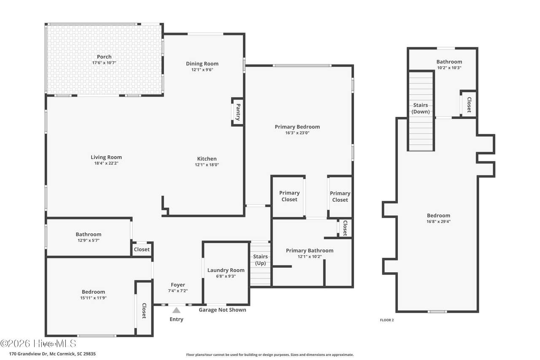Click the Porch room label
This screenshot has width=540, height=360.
104,57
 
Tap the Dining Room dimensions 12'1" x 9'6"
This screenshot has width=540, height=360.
202,70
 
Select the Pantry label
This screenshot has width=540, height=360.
238,112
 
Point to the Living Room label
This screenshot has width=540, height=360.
106,157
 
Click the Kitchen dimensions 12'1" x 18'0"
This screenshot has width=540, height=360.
207,165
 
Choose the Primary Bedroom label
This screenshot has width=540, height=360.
297,127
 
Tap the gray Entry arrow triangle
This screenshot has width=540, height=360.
176,310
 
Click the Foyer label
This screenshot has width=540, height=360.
178,285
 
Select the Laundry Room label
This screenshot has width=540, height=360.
226,270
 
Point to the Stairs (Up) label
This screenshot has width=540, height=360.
260,260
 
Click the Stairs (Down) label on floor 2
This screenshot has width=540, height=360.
421,108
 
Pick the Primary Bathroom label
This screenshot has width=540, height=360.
310,251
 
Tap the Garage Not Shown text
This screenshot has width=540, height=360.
222,310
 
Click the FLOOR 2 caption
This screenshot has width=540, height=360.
387,320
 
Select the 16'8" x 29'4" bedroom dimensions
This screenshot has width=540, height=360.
438,221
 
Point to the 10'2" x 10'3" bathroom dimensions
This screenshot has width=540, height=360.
449,68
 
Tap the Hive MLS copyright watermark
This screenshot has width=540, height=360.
38,344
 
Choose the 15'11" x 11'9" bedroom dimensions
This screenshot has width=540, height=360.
93,298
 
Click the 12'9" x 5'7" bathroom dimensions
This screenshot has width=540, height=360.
89,240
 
